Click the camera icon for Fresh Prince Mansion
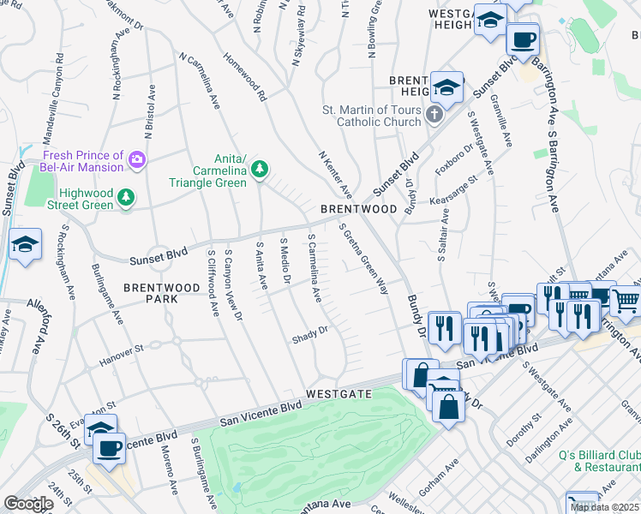[137, 159]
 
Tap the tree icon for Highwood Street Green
[127, 199]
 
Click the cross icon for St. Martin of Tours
[434, 114]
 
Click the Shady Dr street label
[311, 331]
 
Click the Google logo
[27, 504]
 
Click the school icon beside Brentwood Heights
[446, 87]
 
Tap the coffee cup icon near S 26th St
[109, 448]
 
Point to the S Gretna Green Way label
[365, 260]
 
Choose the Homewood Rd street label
[245, 79]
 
